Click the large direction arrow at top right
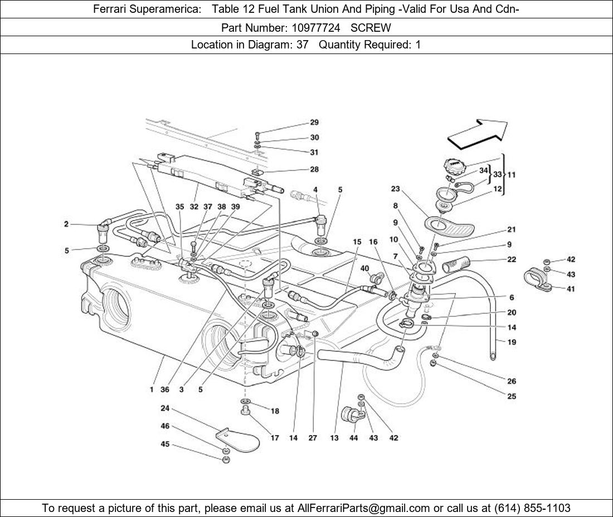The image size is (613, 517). click(478, 134)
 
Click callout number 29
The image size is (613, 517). click(314, 123)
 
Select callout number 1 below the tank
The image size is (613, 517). click(151, 390)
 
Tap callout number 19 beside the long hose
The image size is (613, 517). click(512, 342)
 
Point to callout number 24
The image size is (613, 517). click(165, 408)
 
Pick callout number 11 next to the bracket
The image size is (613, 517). click(511, 174)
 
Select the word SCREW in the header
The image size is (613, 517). click(371, 27)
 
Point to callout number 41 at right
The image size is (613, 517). click(571, 289)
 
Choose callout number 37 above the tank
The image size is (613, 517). click(207, 206)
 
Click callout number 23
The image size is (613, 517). click(396, 189)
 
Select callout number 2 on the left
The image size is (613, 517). click(66, 224)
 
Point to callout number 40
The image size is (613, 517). click(364, 268)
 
